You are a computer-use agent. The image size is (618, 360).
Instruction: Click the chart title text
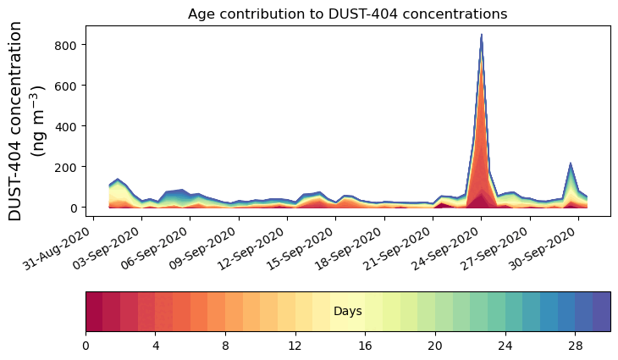347,14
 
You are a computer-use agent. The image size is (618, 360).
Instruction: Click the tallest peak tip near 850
481,36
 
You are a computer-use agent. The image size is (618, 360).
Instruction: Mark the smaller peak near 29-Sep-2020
571,163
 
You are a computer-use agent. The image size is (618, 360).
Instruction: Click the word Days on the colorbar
347,312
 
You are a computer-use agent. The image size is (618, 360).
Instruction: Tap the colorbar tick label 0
86,346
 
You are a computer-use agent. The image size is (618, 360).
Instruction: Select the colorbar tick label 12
295,346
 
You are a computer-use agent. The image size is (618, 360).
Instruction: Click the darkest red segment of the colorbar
94,311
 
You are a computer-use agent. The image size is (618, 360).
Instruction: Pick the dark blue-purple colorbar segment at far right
601,311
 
